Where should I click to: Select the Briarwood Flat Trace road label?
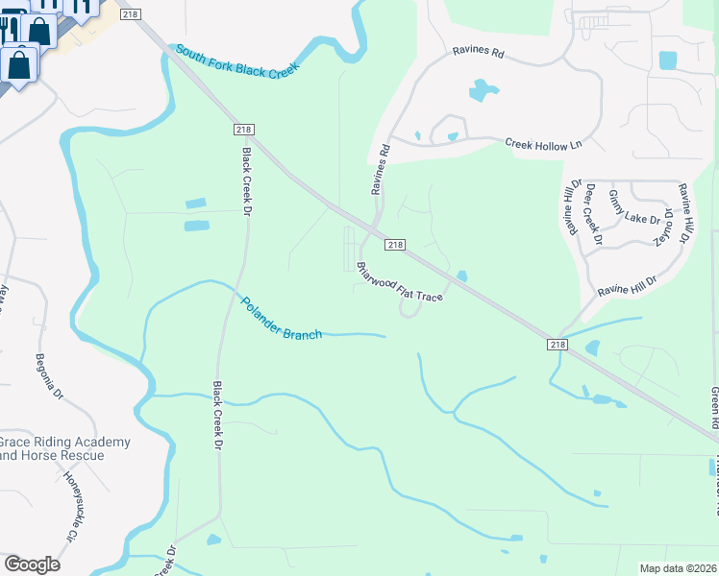coord(399,282)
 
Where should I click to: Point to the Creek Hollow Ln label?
coord(544,144)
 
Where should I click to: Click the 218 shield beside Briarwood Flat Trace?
coord(395,246)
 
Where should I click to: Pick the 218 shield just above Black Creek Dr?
coord(244,130)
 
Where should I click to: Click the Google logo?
coord(33,564)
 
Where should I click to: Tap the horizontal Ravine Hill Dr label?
coord(626,285)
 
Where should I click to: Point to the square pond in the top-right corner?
coord(668,60)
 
